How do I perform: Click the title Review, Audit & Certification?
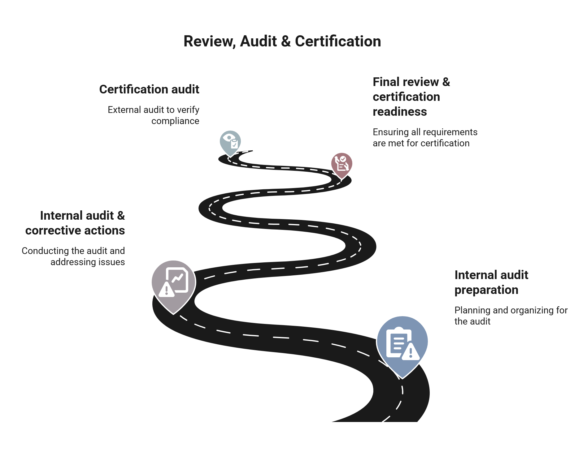pos(282,41)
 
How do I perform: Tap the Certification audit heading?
pos(149,89)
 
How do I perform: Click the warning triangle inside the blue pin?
pos(411,352)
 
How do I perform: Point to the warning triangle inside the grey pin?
pos(167,290)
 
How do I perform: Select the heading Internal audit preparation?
pos(491,282)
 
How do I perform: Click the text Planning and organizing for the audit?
pos(511,316)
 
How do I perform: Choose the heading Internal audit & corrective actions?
pos(75,223)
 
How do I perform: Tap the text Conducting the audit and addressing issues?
pos(73,256)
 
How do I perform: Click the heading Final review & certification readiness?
pos(411,97)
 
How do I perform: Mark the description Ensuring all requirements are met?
pos(425,138)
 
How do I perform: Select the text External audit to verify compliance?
pos(154,115)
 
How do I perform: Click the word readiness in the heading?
pos(400,112)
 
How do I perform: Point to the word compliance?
pos(175,121)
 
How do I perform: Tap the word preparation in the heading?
pos(486,290)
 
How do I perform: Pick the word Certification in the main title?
pos(338,41)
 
